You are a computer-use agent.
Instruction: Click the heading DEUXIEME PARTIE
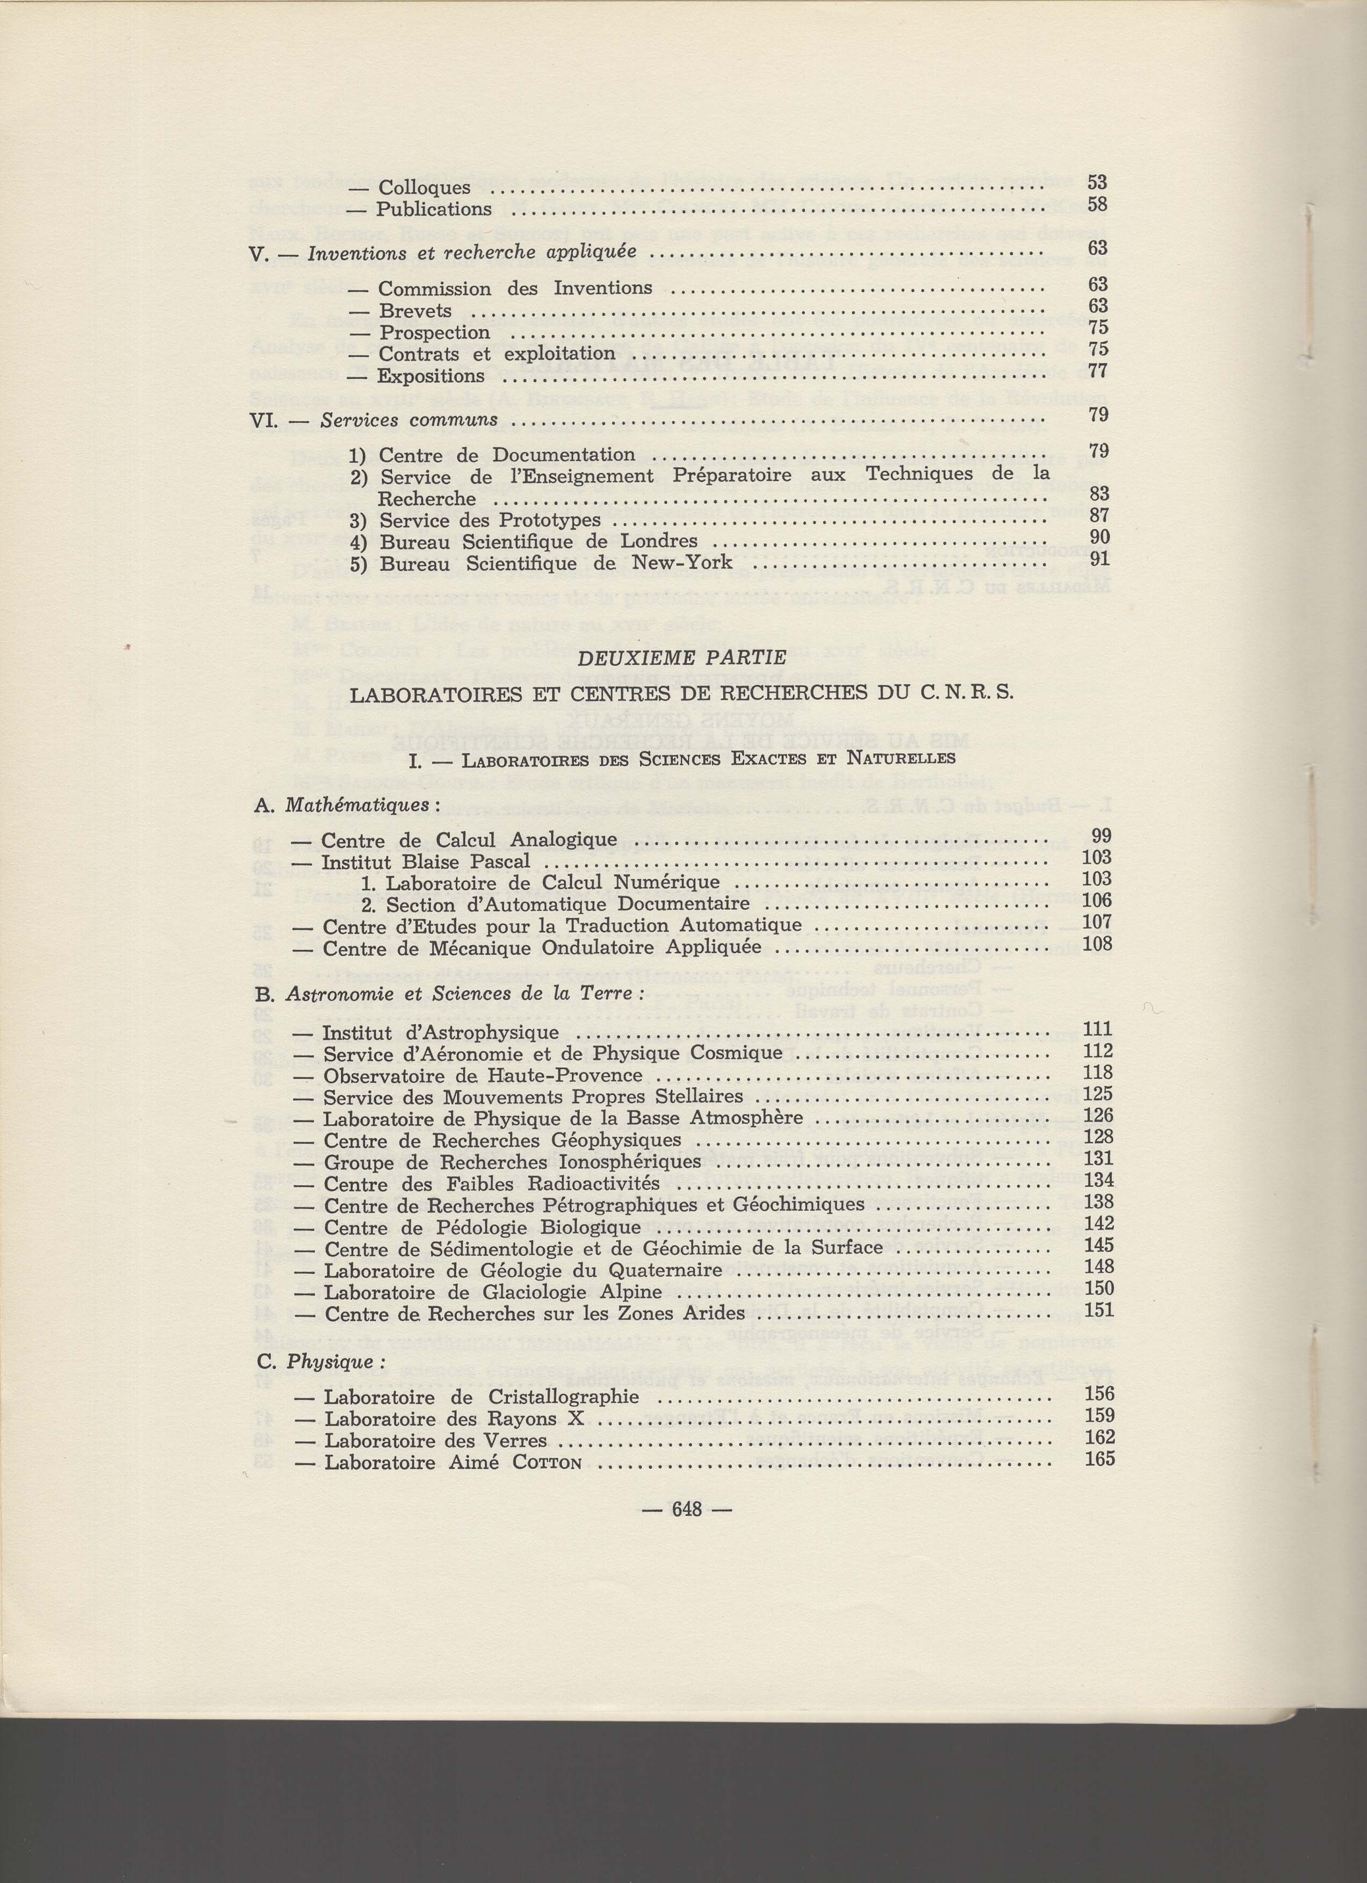click(681, 658)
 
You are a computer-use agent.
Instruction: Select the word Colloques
click(424, 189)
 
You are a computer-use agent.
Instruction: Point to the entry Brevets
click(415, 311)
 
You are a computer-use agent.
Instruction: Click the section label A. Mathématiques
click(343, 806)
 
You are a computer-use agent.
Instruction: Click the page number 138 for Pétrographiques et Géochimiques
click(1098, 1202)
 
